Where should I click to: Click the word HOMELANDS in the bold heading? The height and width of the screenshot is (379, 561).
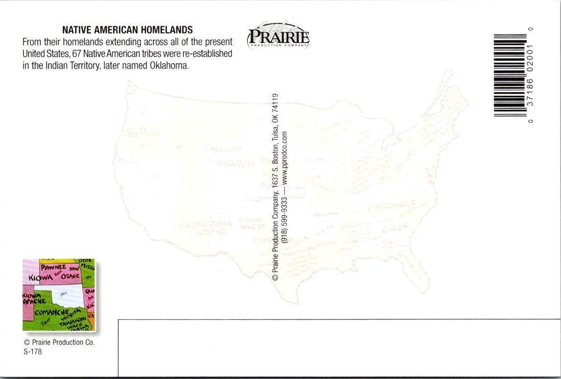click(x=166, y=30)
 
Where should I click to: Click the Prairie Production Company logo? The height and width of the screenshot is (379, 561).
click(x=278, y=35)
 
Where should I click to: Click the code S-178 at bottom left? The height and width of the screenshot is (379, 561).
click(x=32, y=352)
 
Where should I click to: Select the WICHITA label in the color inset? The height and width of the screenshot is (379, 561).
click(x=76, y=317)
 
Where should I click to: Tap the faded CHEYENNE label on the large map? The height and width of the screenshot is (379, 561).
click(x=224, y=149)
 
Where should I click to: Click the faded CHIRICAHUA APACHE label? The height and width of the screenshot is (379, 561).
click(x=205, y=227)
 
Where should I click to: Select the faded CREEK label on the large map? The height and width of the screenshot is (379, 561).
click(x=395, y=229)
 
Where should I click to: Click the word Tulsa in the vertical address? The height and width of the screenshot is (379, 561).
click(x=275, y=133)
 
